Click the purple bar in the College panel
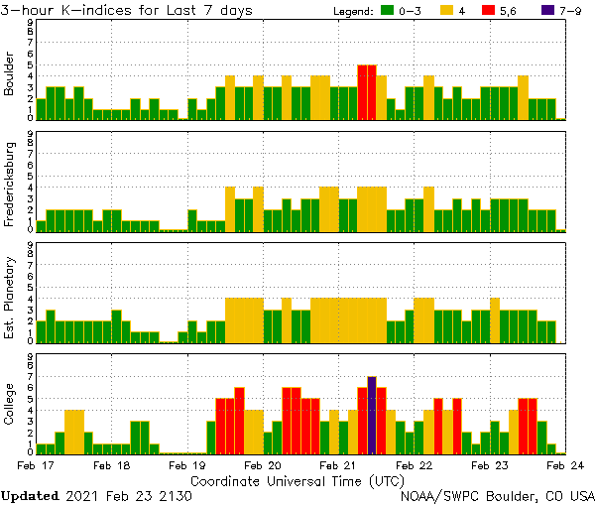point(372,415)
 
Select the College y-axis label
point(10,405)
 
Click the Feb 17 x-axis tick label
point(35,464)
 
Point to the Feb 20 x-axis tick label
point(263,464)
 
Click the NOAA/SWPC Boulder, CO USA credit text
point(498,495)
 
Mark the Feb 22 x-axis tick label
point(414,464)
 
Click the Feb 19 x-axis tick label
point(186,464)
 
